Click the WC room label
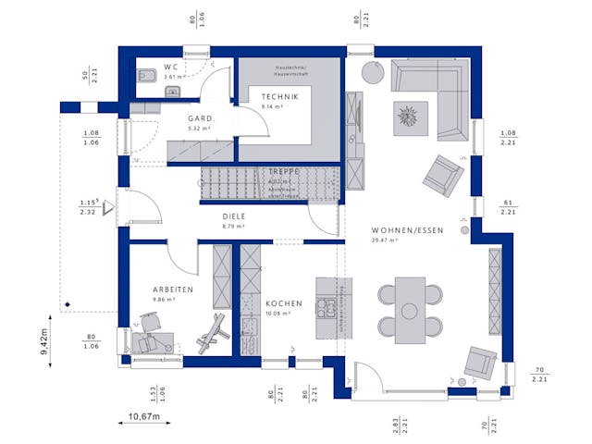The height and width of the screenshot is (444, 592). click(x=172, y=68)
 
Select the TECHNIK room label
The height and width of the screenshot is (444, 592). click(x=278, y=96)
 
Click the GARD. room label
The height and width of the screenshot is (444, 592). click(x=202, y=118)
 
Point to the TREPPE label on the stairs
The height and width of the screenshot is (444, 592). click(x=284, y=172)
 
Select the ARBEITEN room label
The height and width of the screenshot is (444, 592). click(x=173, y=290)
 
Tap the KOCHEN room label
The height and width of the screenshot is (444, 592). click(x=282, y=303)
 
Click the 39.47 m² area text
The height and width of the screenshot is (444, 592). click(x=384, y=240)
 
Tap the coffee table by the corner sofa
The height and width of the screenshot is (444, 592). click(x=408, y=117)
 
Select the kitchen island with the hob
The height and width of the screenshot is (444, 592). click(x=329, y=307)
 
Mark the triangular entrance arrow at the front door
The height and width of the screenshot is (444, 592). click(x=107, y=208)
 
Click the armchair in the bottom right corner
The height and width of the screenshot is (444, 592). click(x=480, y=363)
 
